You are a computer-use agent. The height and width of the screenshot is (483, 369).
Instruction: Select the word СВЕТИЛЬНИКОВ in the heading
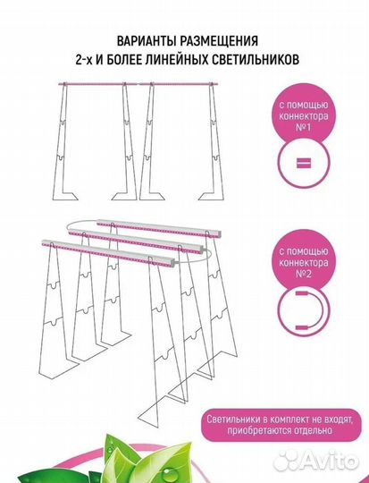[x=256, y=59]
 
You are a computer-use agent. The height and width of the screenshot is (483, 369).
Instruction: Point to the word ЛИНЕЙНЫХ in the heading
[x=175, y=59]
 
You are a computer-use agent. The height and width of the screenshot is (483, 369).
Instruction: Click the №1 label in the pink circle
[x=303, y=127]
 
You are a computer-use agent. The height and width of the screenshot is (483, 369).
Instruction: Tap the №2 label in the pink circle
[x=303, y=274]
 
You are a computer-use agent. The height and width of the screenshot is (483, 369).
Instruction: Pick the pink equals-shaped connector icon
[x=304, y=163]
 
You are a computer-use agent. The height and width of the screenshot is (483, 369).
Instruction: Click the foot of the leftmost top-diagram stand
[x=65, y=196]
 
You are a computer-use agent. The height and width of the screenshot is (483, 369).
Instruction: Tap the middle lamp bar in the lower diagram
[x=136, y=241]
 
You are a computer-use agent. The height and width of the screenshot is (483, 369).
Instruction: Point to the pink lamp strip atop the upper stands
[x=138, y=83]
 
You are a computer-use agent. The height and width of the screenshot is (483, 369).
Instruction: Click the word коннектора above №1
[x=303, y=116]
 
